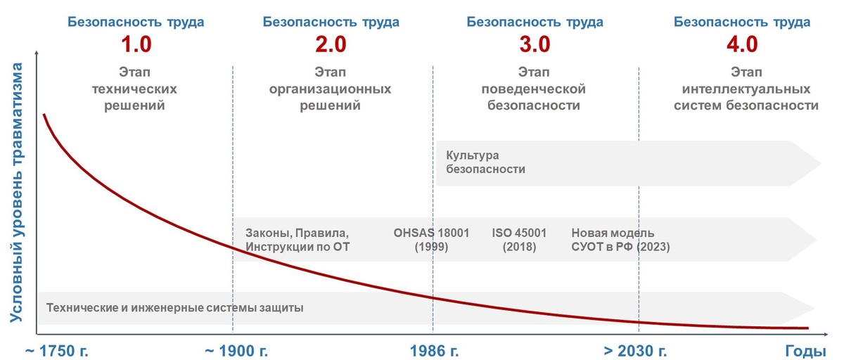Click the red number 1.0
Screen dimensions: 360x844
click(136, 45)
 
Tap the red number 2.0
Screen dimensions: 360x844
click(331, 45)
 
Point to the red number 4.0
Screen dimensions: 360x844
click(742, 45)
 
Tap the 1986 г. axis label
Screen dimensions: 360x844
click(433, 350)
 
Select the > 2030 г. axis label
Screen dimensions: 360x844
click(636, 350)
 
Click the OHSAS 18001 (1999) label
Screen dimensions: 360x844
click(432, 240)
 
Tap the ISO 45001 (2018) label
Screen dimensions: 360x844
click(519, 240)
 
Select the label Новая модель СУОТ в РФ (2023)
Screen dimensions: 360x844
click(620, 240)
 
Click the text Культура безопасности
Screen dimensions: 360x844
click(486, 162)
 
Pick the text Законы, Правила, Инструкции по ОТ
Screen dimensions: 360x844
click(297, 240)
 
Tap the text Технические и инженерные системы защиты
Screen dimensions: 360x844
click(174, 308)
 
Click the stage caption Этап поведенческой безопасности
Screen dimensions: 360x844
click(534, 89)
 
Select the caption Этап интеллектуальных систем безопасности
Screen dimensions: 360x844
click(746, 89)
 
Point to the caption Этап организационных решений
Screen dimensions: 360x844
click(331, 89)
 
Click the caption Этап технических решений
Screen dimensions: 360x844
click(136, 89)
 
